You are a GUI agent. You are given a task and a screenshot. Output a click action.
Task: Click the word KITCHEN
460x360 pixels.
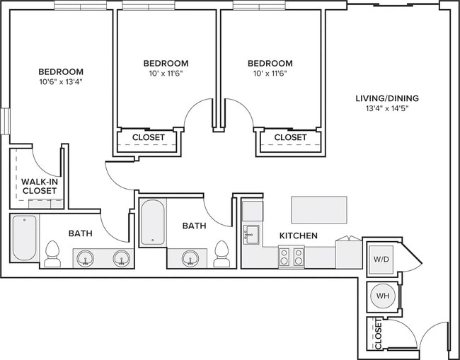click(x=298, y=236)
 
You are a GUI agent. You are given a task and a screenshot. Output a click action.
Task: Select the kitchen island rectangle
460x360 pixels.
click(x=318, y=209)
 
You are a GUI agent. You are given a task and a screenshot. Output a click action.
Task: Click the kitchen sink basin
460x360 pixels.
click(x=251, y=233)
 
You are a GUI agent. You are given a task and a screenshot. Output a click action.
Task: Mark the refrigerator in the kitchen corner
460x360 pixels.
click(x=252, y=210)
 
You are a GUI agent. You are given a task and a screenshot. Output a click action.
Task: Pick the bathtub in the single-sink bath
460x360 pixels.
click(x=152, y=223)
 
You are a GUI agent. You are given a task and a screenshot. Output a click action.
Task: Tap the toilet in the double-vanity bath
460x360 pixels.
click(x=52, y=254)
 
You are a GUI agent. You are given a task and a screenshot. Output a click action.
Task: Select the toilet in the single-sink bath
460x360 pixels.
click(x=222, y=254)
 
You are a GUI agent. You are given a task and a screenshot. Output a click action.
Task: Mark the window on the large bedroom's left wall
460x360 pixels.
click(x=6, y=120)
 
